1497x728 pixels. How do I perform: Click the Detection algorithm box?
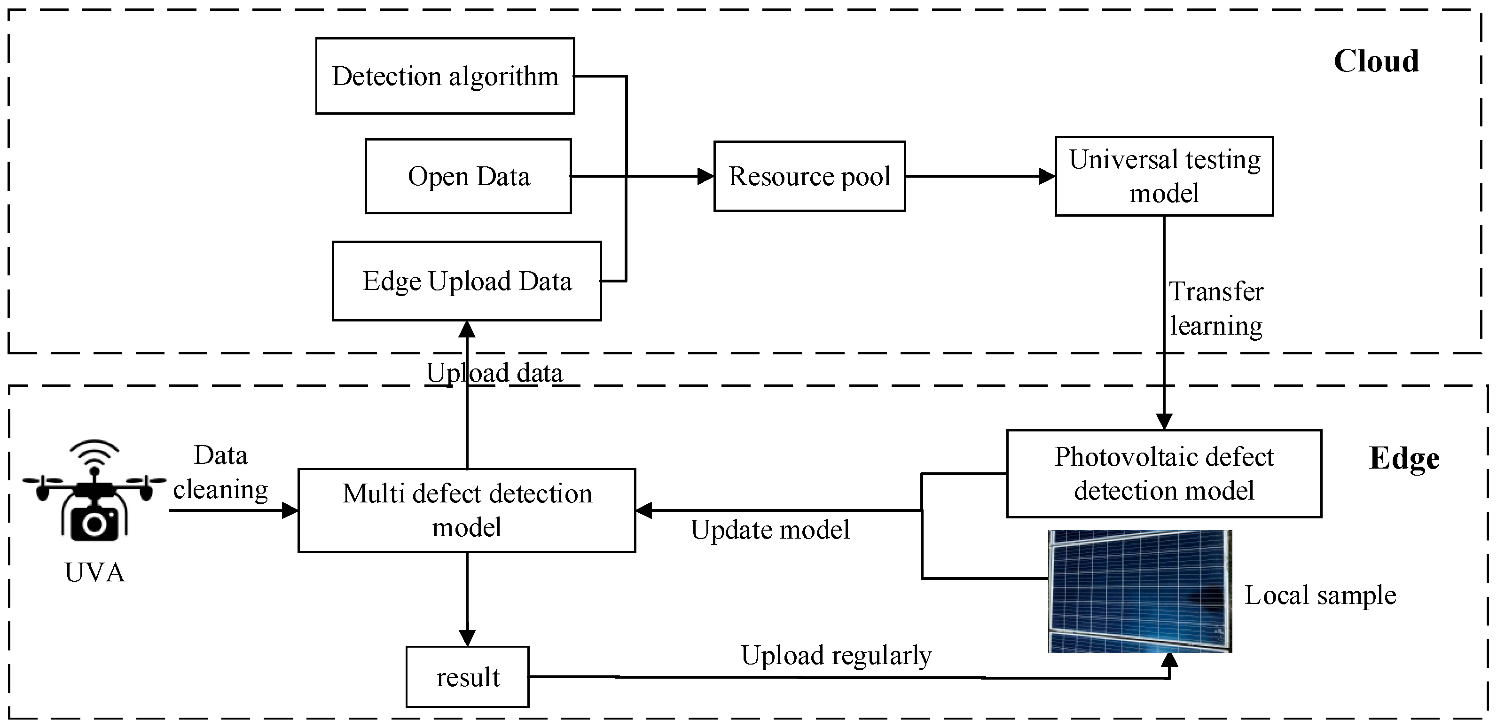coord(445,76)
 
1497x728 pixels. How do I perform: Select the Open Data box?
coord(469,176)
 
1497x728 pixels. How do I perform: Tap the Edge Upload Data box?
coord(467,281)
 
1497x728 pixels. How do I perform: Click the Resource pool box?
coord(809,176)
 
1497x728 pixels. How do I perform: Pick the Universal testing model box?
coord(1164,176)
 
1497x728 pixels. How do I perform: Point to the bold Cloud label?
coord(1376,61)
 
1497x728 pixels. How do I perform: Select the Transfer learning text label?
coord(1216,308)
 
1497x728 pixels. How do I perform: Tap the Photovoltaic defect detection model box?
coord(1164,474)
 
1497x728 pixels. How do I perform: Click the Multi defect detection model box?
coord(467,510)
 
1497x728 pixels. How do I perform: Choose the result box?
coord(467,677)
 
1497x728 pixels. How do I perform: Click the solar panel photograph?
coord(1140,591)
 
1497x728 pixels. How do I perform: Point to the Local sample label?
coord(1320,595)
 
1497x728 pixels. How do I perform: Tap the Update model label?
coord(770,530)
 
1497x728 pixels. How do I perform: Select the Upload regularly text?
coord(836,655)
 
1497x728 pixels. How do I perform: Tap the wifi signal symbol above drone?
coord(94,455)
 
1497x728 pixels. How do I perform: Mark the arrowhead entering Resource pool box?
coord(705,176)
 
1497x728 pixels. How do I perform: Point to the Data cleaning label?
coord(221,472)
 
